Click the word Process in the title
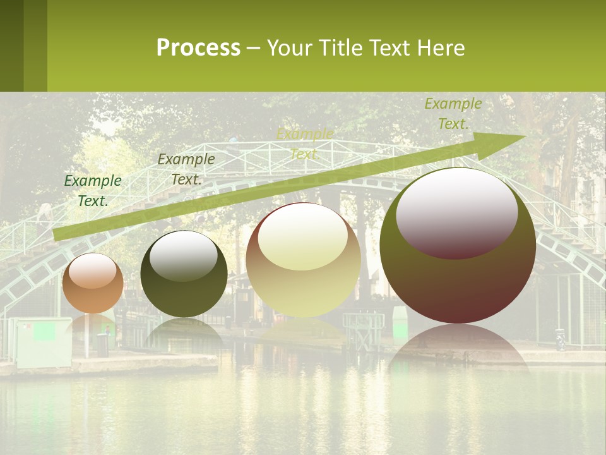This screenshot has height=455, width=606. coord(198,48)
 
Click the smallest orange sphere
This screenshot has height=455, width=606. coord(93,283)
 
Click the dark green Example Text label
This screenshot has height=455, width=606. coord(93,190)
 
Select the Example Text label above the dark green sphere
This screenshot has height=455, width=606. coord(186,169)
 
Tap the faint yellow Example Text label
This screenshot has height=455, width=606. coord(304,144)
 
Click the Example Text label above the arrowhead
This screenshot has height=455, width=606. coord(453,114)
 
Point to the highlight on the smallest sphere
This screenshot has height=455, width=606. coord(93,270)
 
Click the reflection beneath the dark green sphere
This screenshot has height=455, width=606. coord(184,332)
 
